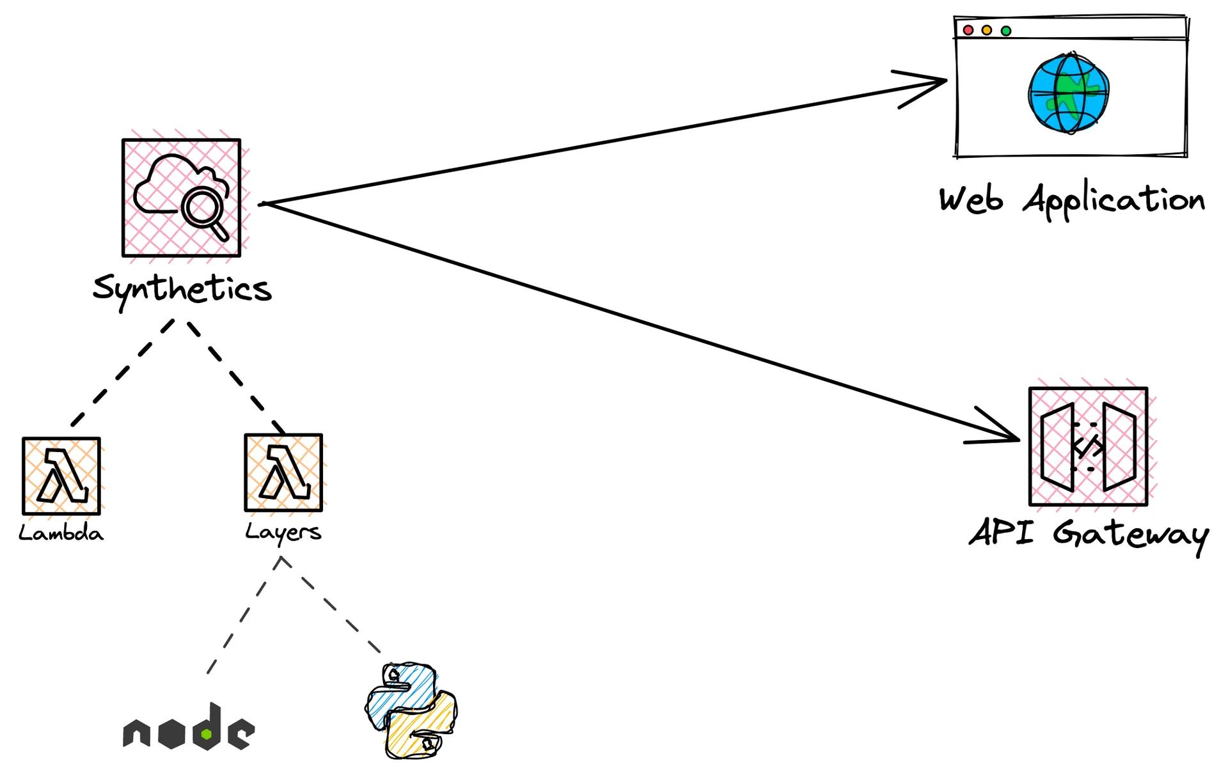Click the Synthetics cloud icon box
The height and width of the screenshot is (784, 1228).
pyautogui.click(x=181, y=198)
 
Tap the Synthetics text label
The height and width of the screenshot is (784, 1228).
pyautogui.click(x=182, y=289)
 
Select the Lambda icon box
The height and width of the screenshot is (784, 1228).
pyautogui.click(x=61, y=476)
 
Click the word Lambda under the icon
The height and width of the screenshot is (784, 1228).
pyautogui.click(x=61, y=533)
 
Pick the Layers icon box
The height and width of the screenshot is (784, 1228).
pyautogui.click(x=283, y=473)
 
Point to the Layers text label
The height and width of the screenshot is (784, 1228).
pyautogui.click(x=283, y=532)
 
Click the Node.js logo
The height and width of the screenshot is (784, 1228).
pyautogui.click(x=189, y=729)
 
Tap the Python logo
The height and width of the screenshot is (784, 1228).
pyautogui.click(x=411, y=710)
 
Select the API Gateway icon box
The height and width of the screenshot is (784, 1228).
pyautogui.click(x=1088, y=446)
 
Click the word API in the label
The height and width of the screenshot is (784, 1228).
pyautogui.click(x=1001, y=532)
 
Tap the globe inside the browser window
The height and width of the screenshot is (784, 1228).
pyautogui.click(x=1067, y=94)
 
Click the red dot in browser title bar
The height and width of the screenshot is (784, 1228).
pyautogui.click(x=968, y=30)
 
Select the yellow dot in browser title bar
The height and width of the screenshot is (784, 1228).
pyautogui.click(x=987, y=30)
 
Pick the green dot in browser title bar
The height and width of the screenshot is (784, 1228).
pyautogui.click(x=1006, y=31)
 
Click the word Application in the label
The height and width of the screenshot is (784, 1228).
pyautogui.click(x=1114, y=200)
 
